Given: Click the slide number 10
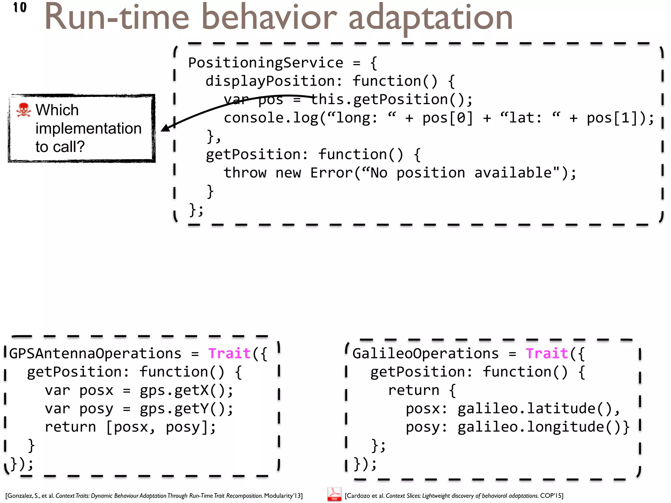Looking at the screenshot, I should [x=20, y=7].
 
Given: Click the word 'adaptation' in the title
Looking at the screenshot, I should [x=430, y=18].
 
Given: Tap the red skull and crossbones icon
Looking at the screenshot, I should [x=23, y=110].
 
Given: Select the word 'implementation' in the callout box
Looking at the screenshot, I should [x=88, y=128].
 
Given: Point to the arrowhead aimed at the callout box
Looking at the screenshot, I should [x=166, y=128].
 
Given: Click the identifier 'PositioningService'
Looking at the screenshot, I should [x=265, y=63].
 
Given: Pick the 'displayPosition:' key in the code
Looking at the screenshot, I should [x=274, y=81].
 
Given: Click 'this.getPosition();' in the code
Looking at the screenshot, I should [x=392, y=99].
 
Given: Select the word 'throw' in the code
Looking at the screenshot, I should [x=245, y=173].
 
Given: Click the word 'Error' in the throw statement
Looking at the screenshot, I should [x=332, y=173].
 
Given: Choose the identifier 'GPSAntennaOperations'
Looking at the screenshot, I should [x=95, y=354].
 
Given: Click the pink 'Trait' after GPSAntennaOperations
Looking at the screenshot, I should [x=229, y=354].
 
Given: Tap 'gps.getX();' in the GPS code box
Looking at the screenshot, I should [x=186, y=390].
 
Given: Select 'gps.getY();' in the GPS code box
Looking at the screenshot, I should [x=186, y=409].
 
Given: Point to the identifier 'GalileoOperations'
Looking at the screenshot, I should [x=425, y=354].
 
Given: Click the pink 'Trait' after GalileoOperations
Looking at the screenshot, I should [x=547, y=354].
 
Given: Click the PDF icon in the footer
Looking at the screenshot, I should [x=334, y=494].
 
